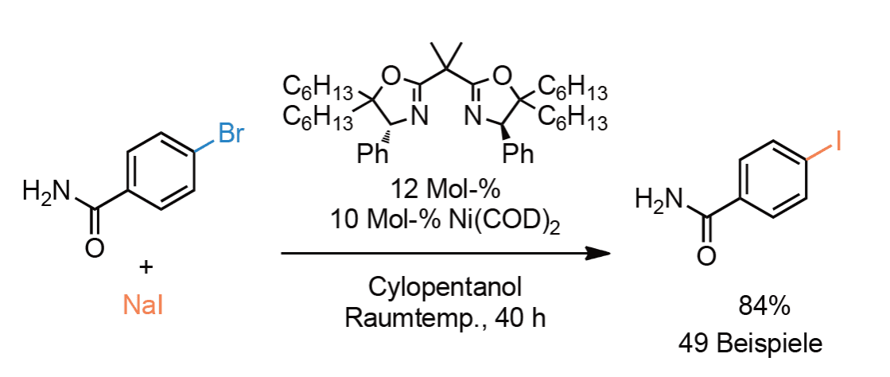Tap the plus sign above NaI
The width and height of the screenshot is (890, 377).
(146, 267)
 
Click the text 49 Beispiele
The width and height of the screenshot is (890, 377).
(750, 344)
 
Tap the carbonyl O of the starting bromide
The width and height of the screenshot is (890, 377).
(95, 248)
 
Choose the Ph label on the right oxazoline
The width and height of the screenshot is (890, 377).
(519, 154)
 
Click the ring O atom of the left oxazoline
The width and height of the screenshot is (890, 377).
(390, 75)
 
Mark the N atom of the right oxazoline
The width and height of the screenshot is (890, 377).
(473, 118)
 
